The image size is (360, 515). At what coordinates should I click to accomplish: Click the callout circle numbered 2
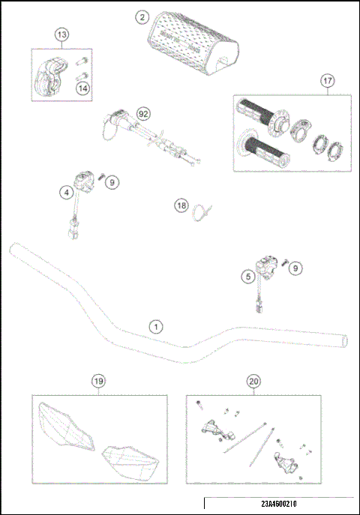coord(142,16)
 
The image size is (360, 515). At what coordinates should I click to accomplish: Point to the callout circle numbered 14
coord(82,88)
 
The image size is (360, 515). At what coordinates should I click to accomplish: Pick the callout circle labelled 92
coord(144,113)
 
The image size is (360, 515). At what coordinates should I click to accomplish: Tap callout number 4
coord(67,192)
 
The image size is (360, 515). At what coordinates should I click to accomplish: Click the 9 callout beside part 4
coord(110,181)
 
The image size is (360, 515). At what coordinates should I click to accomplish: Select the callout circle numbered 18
coord(181,205)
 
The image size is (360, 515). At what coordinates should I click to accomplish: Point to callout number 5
coord(248,277)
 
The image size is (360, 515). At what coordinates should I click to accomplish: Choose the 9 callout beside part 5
coord(296,266)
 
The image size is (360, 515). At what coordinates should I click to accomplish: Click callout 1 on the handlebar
coord(155,326)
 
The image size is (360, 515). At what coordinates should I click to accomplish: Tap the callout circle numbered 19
coord(98,382)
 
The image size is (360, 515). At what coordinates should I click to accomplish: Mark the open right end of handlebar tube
coord(345,340)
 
